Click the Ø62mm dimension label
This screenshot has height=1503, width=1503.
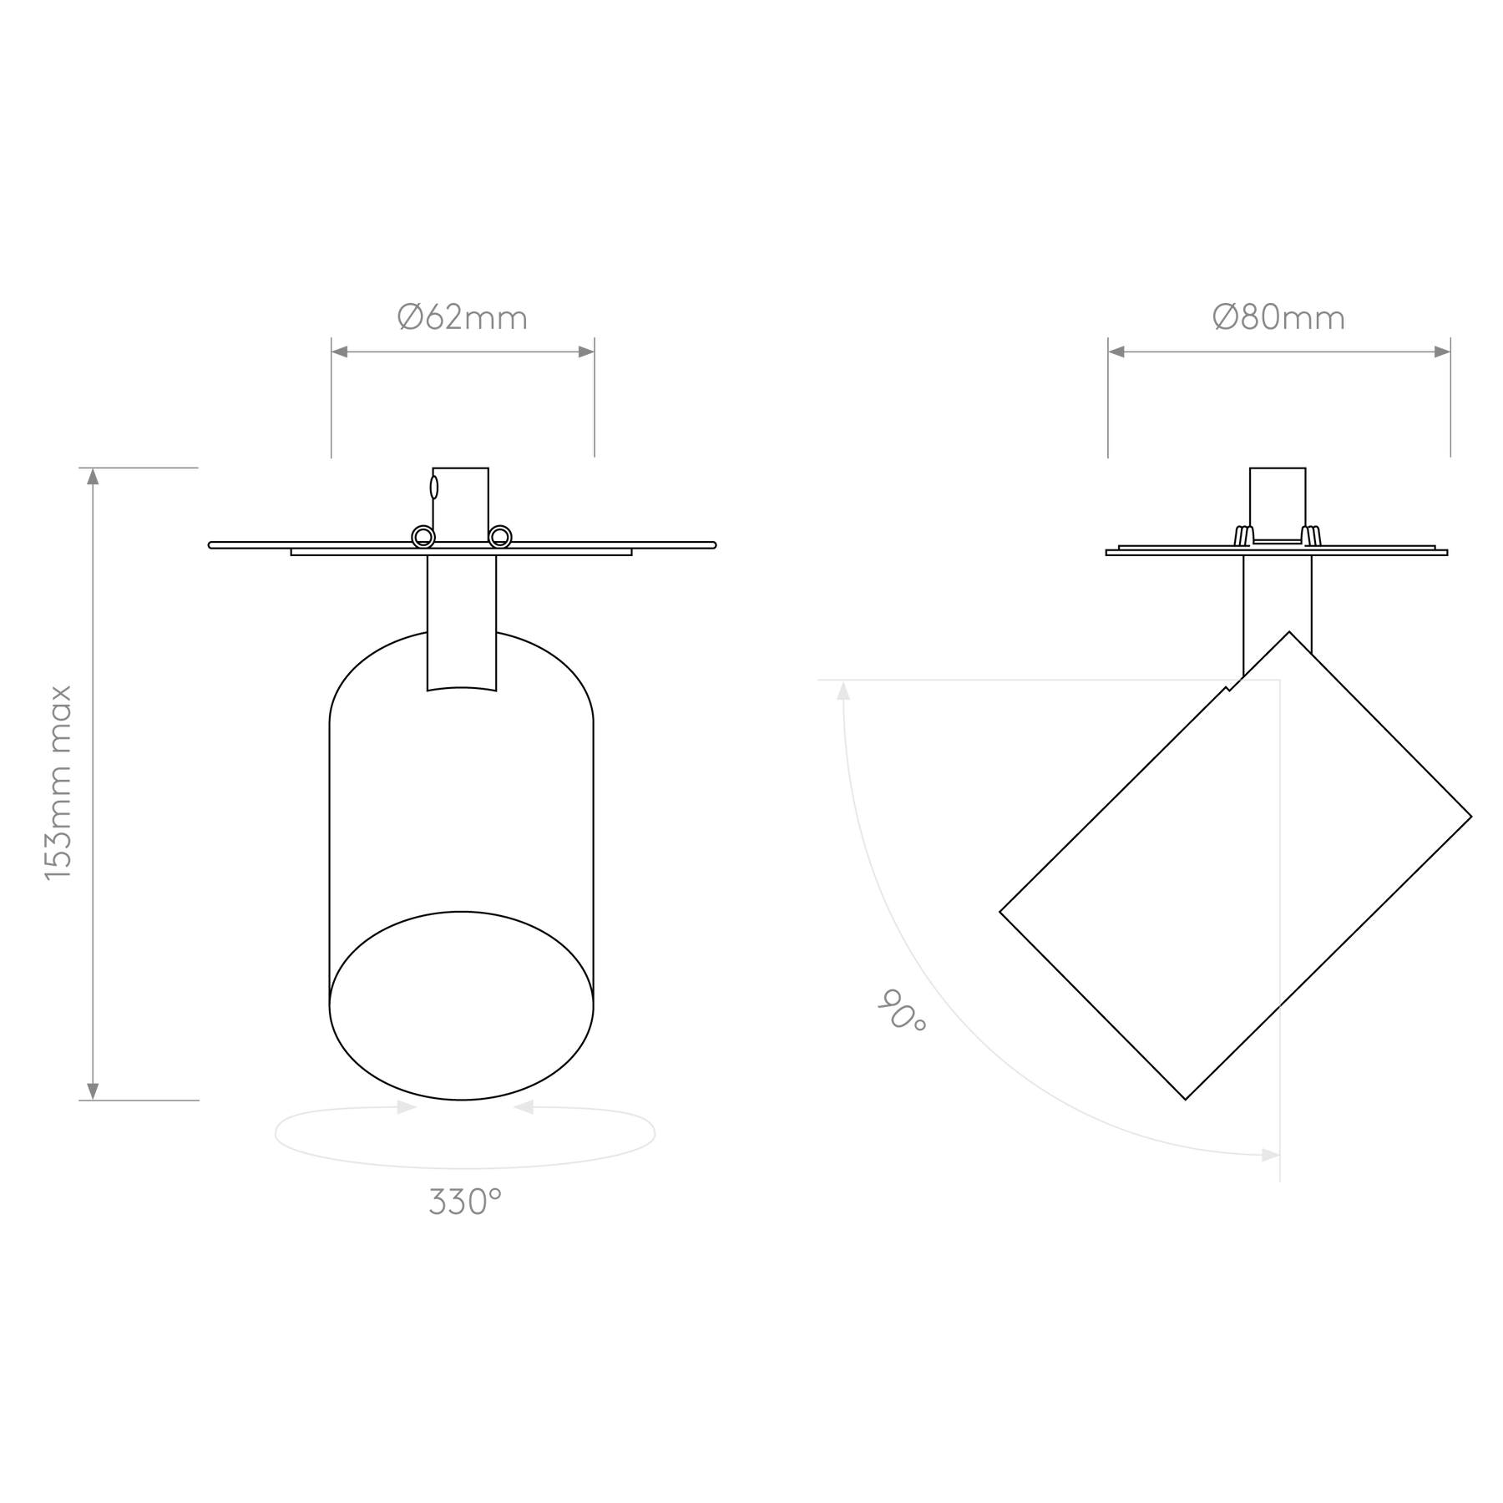point(463,318)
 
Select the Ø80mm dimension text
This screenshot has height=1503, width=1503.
point(1278,318)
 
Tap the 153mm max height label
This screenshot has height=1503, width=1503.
point(59,783)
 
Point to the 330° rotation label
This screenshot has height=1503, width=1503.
point(465,1202)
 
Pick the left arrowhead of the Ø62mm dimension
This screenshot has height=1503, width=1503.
point(339,352)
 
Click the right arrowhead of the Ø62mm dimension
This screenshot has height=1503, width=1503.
point(586,352)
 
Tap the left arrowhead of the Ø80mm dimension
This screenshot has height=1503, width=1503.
point(1116,352)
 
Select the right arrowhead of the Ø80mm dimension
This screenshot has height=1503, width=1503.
point(1442,352)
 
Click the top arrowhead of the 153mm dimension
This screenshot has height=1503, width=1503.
point(93,477)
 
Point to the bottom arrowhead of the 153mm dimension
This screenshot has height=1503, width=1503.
point(93,1091)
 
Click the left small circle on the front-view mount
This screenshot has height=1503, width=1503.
point(423,536)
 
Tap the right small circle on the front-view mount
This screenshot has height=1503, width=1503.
point(500,536)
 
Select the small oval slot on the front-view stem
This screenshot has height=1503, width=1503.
point(434,487)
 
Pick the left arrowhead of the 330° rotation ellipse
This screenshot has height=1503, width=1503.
point(407,1107)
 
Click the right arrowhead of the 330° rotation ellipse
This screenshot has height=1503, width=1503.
point(524,1107)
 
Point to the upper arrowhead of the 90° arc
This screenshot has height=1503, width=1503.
point(843,691)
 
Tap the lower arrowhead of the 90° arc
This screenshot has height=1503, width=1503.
point(1270,1156)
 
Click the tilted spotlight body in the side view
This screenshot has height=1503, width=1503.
point(1236,865)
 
